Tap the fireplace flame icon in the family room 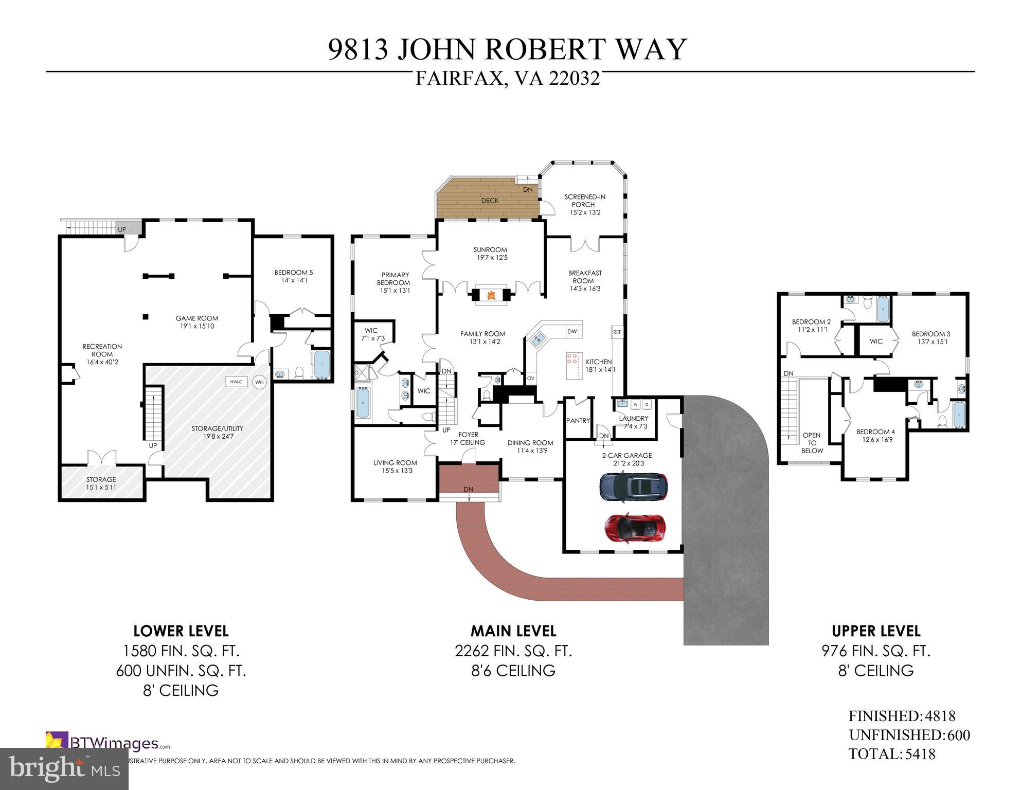[491, 295]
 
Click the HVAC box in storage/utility [236, 382]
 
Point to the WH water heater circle [259, 382]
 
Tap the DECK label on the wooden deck [490, 201]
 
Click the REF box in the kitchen [617, 333]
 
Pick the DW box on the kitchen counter [572, 331]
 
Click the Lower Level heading [181, 631]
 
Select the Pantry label [578, 421]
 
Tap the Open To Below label [812, 443]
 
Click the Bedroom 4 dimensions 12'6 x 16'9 [875, 440]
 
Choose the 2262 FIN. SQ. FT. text [513, 651]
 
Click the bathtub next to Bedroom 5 [321, 364]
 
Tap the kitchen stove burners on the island [572, 358]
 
